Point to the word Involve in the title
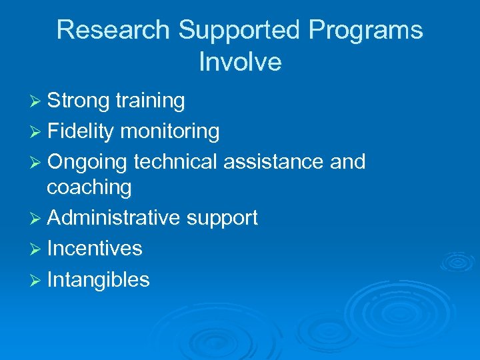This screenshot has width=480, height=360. point(240,62)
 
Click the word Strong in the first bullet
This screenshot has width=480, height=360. point(78,101)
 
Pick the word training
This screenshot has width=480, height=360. point(150,101)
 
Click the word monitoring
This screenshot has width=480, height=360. point(170,131)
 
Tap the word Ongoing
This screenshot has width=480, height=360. point(87,162)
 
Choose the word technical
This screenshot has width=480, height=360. point(177,162)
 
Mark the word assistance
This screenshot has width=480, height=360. point(275,162)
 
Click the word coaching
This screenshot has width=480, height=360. point(89,187)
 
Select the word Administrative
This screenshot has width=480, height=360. point(114,218)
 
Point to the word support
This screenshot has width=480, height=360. point(222,218)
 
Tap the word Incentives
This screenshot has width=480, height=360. point(95,249)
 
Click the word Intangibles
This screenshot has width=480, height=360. point(98,279)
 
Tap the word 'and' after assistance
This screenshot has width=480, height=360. point(347,162)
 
